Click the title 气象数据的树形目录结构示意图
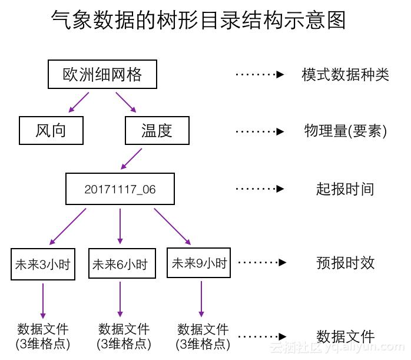point(198,20)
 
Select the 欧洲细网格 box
point(102,74)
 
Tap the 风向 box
point(51,130)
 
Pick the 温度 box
point(157,130)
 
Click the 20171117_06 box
point(120,189)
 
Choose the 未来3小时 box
point(42,264)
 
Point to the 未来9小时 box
point(199,263)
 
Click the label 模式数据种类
point(345,75)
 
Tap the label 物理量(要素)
point(345,131)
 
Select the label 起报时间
point(345,189)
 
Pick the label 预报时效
point(345,263)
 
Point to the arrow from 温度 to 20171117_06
point(131,158)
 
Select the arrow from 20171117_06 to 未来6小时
point(120,226)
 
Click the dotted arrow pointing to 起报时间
point(260,189)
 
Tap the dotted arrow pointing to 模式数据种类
point(260,75)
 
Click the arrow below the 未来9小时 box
point(201,299)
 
